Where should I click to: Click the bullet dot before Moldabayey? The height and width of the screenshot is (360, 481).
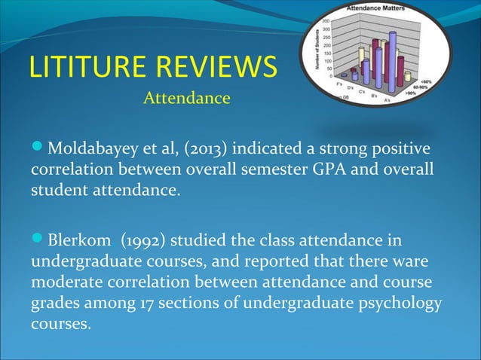[x=38, y=145]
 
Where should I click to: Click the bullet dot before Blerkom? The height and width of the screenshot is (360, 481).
[x=38, y=241]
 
